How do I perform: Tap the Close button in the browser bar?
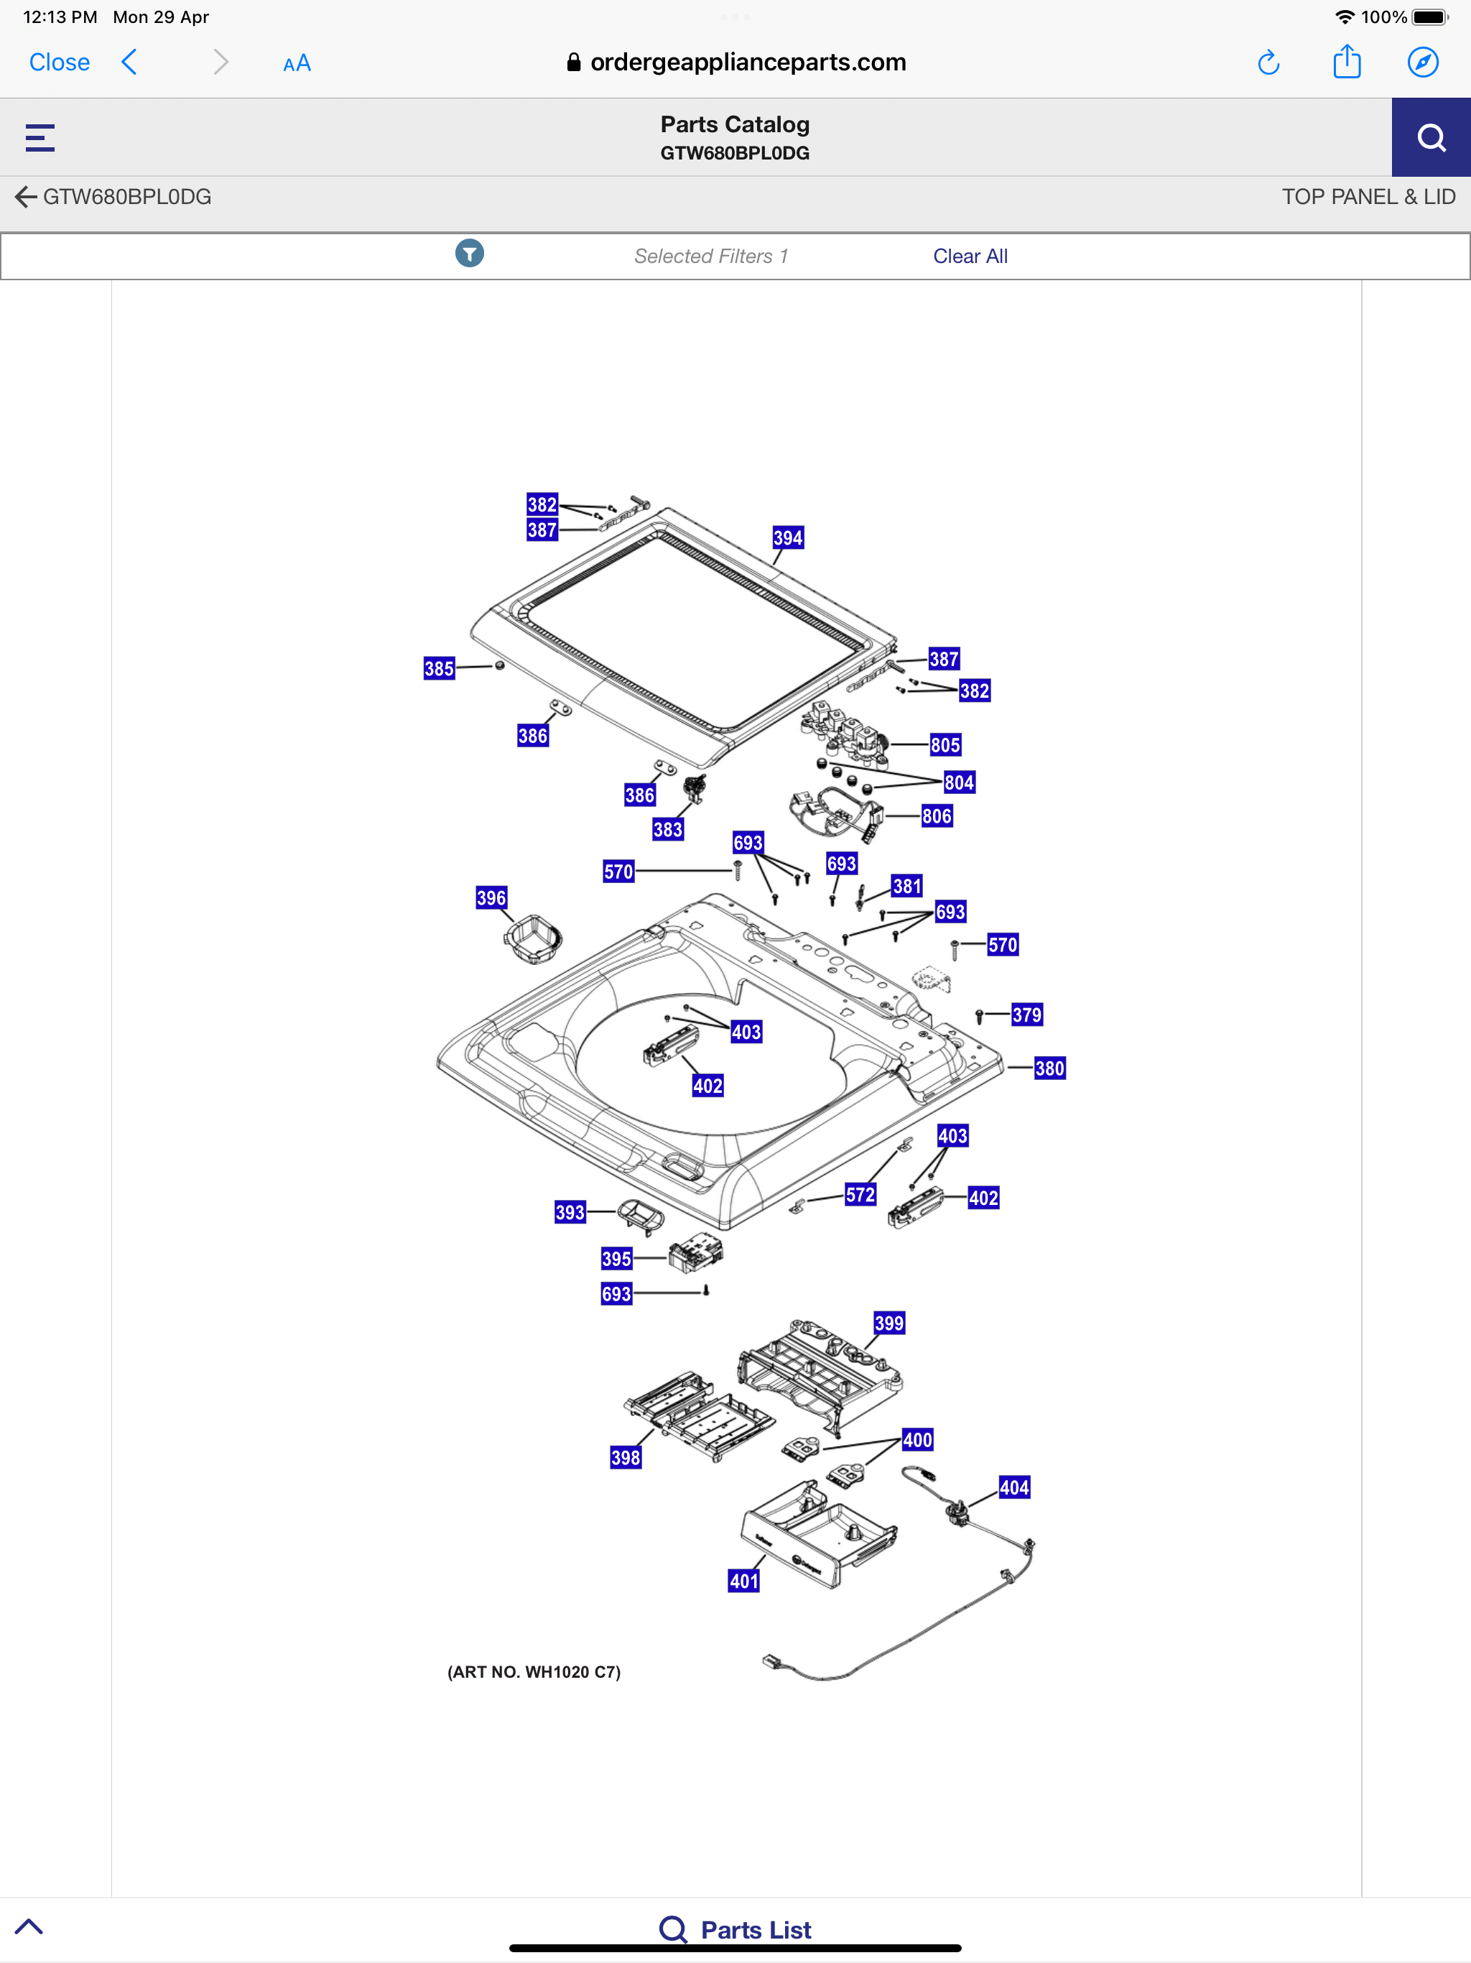coord(60,62)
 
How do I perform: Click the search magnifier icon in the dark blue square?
coord(1430,137)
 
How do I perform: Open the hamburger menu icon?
coord(40,137)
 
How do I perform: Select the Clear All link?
coord(970,257)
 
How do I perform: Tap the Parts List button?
coord(735,1929)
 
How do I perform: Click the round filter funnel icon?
coord(469,254)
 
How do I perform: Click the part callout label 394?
coord(788,537)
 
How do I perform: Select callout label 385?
coord(439,668)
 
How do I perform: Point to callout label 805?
coord(945,745)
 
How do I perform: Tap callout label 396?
coord(491,898)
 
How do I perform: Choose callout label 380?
coord(1049,1068)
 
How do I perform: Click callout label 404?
coord(1014,1487)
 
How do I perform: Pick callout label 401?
coord(743,1581)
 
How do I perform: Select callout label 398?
coord(626,1457)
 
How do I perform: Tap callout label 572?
coord(860,1194)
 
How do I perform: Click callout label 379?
coord(1026,1015)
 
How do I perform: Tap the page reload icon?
coord(1268,62)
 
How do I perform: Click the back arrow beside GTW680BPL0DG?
coord(26,197)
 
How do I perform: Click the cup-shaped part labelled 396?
coord(533,940)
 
